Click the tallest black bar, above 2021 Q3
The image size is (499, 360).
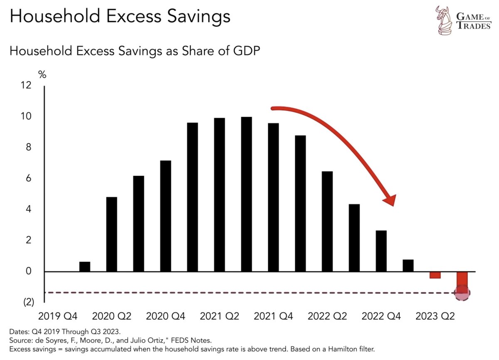tap(246, 194)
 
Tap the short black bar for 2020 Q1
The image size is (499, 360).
tap(84, 266)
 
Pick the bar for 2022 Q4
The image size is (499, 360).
tap(381, 251)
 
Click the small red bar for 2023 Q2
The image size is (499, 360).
tap(435, 275)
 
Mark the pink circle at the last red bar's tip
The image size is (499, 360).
tap(462, 293)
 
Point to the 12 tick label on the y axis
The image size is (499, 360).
tap(26, 85)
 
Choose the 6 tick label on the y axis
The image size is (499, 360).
tap(28, 178)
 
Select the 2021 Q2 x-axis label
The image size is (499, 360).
tap(219, 317)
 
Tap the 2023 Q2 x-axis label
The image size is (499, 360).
tap(435, 317)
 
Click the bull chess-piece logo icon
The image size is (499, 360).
tap(444, 20)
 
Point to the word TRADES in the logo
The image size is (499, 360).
tap(474, 26)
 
